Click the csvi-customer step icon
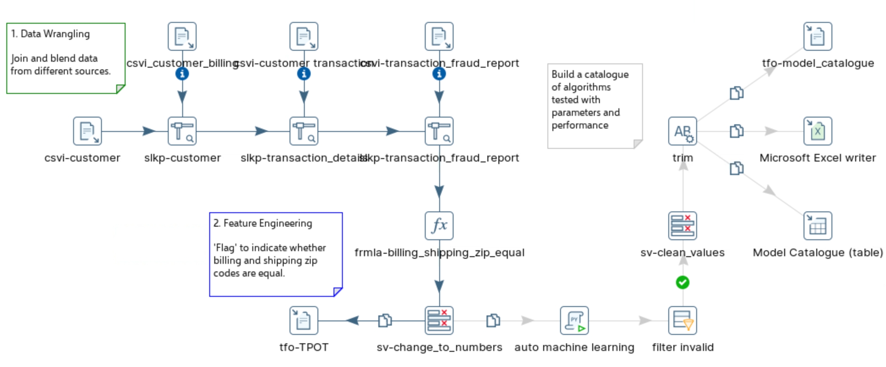87,131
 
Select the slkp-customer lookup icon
182,131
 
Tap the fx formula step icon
439,226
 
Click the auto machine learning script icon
574,320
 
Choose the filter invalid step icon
683,320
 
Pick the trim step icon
683,131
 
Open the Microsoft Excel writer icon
818,131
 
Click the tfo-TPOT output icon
304,320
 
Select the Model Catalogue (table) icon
818,226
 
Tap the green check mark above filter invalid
683,282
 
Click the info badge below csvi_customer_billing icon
182,74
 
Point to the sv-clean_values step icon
683,226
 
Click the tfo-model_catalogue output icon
818,36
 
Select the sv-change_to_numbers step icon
439,320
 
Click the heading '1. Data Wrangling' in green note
50,34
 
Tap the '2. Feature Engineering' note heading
263,223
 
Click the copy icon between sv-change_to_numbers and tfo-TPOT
385,320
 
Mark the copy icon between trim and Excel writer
736,131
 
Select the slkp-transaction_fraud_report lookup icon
439,131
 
